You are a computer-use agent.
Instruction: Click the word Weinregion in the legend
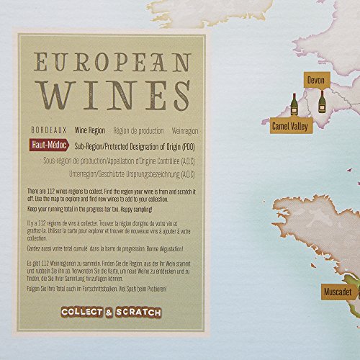[184, 132]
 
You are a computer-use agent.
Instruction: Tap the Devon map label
[315, 79]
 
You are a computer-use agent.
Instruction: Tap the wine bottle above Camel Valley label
[294, 105]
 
